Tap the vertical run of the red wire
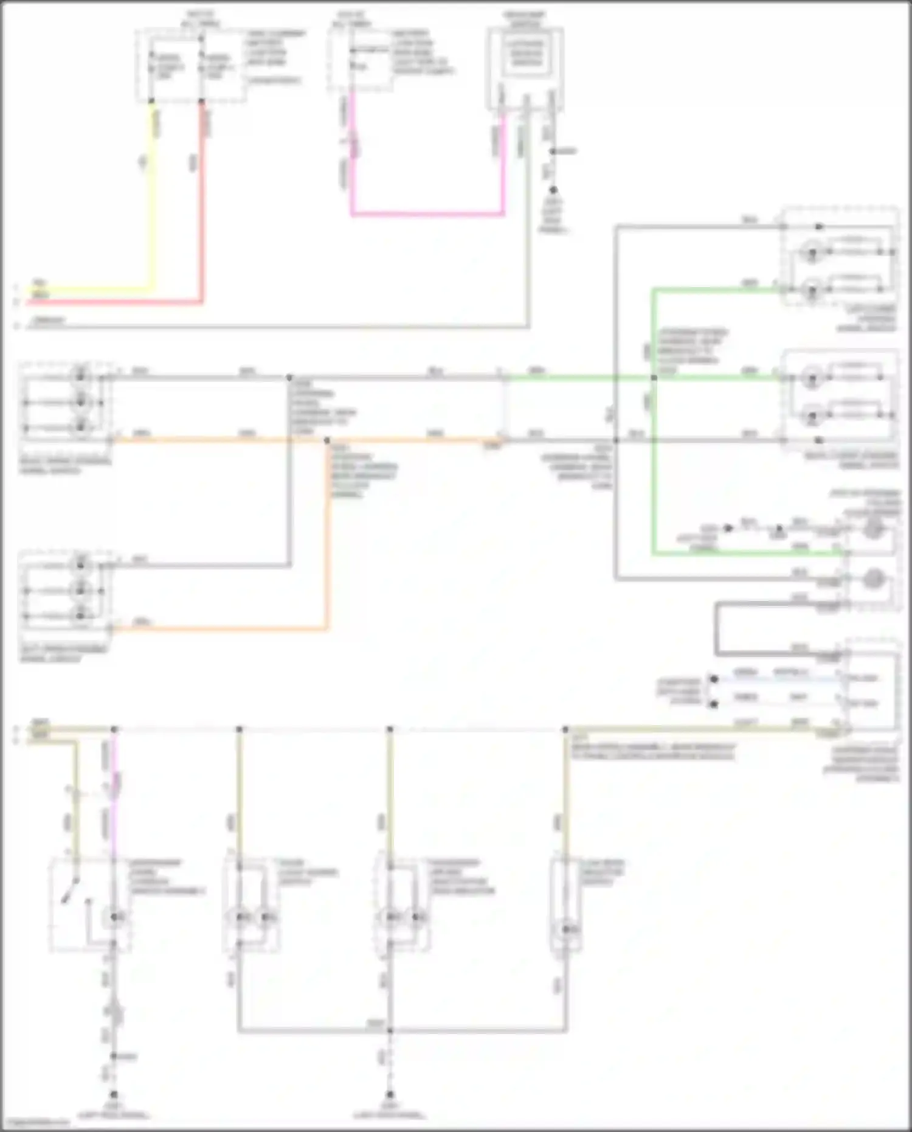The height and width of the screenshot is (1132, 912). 202,201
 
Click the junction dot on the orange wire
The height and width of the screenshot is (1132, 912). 327,440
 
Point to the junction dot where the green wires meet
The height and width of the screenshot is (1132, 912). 654,378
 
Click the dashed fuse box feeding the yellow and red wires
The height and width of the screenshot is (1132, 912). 191,66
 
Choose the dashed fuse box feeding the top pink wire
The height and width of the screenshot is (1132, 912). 360,60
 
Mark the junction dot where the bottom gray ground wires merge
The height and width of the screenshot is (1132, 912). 390,1030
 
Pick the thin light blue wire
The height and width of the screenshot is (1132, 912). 778,678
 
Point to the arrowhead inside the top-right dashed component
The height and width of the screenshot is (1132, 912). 819,227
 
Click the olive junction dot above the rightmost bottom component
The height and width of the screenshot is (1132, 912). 565,729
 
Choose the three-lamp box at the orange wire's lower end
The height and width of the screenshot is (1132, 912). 66,590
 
